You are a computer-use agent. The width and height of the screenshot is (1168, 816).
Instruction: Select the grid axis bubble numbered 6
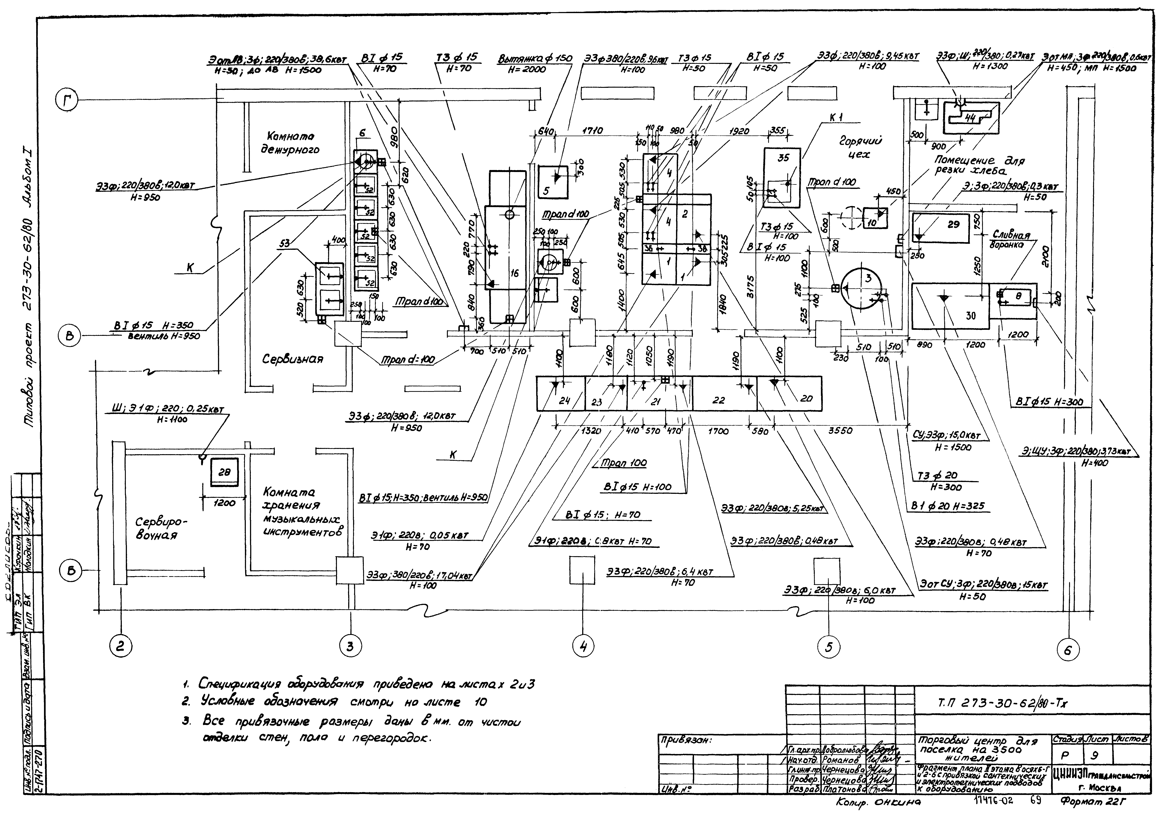point(1067,650)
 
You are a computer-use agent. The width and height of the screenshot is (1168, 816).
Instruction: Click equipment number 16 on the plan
point(514,273)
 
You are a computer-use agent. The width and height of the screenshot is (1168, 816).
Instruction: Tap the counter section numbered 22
point(718,400)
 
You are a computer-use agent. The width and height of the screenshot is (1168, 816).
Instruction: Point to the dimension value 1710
point(592,131)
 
